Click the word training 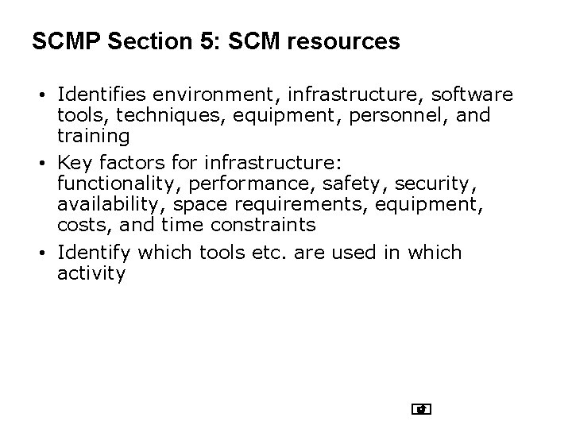93,136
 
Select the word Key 75,164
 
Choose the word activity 91,273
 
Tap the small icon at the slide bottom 422,410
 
